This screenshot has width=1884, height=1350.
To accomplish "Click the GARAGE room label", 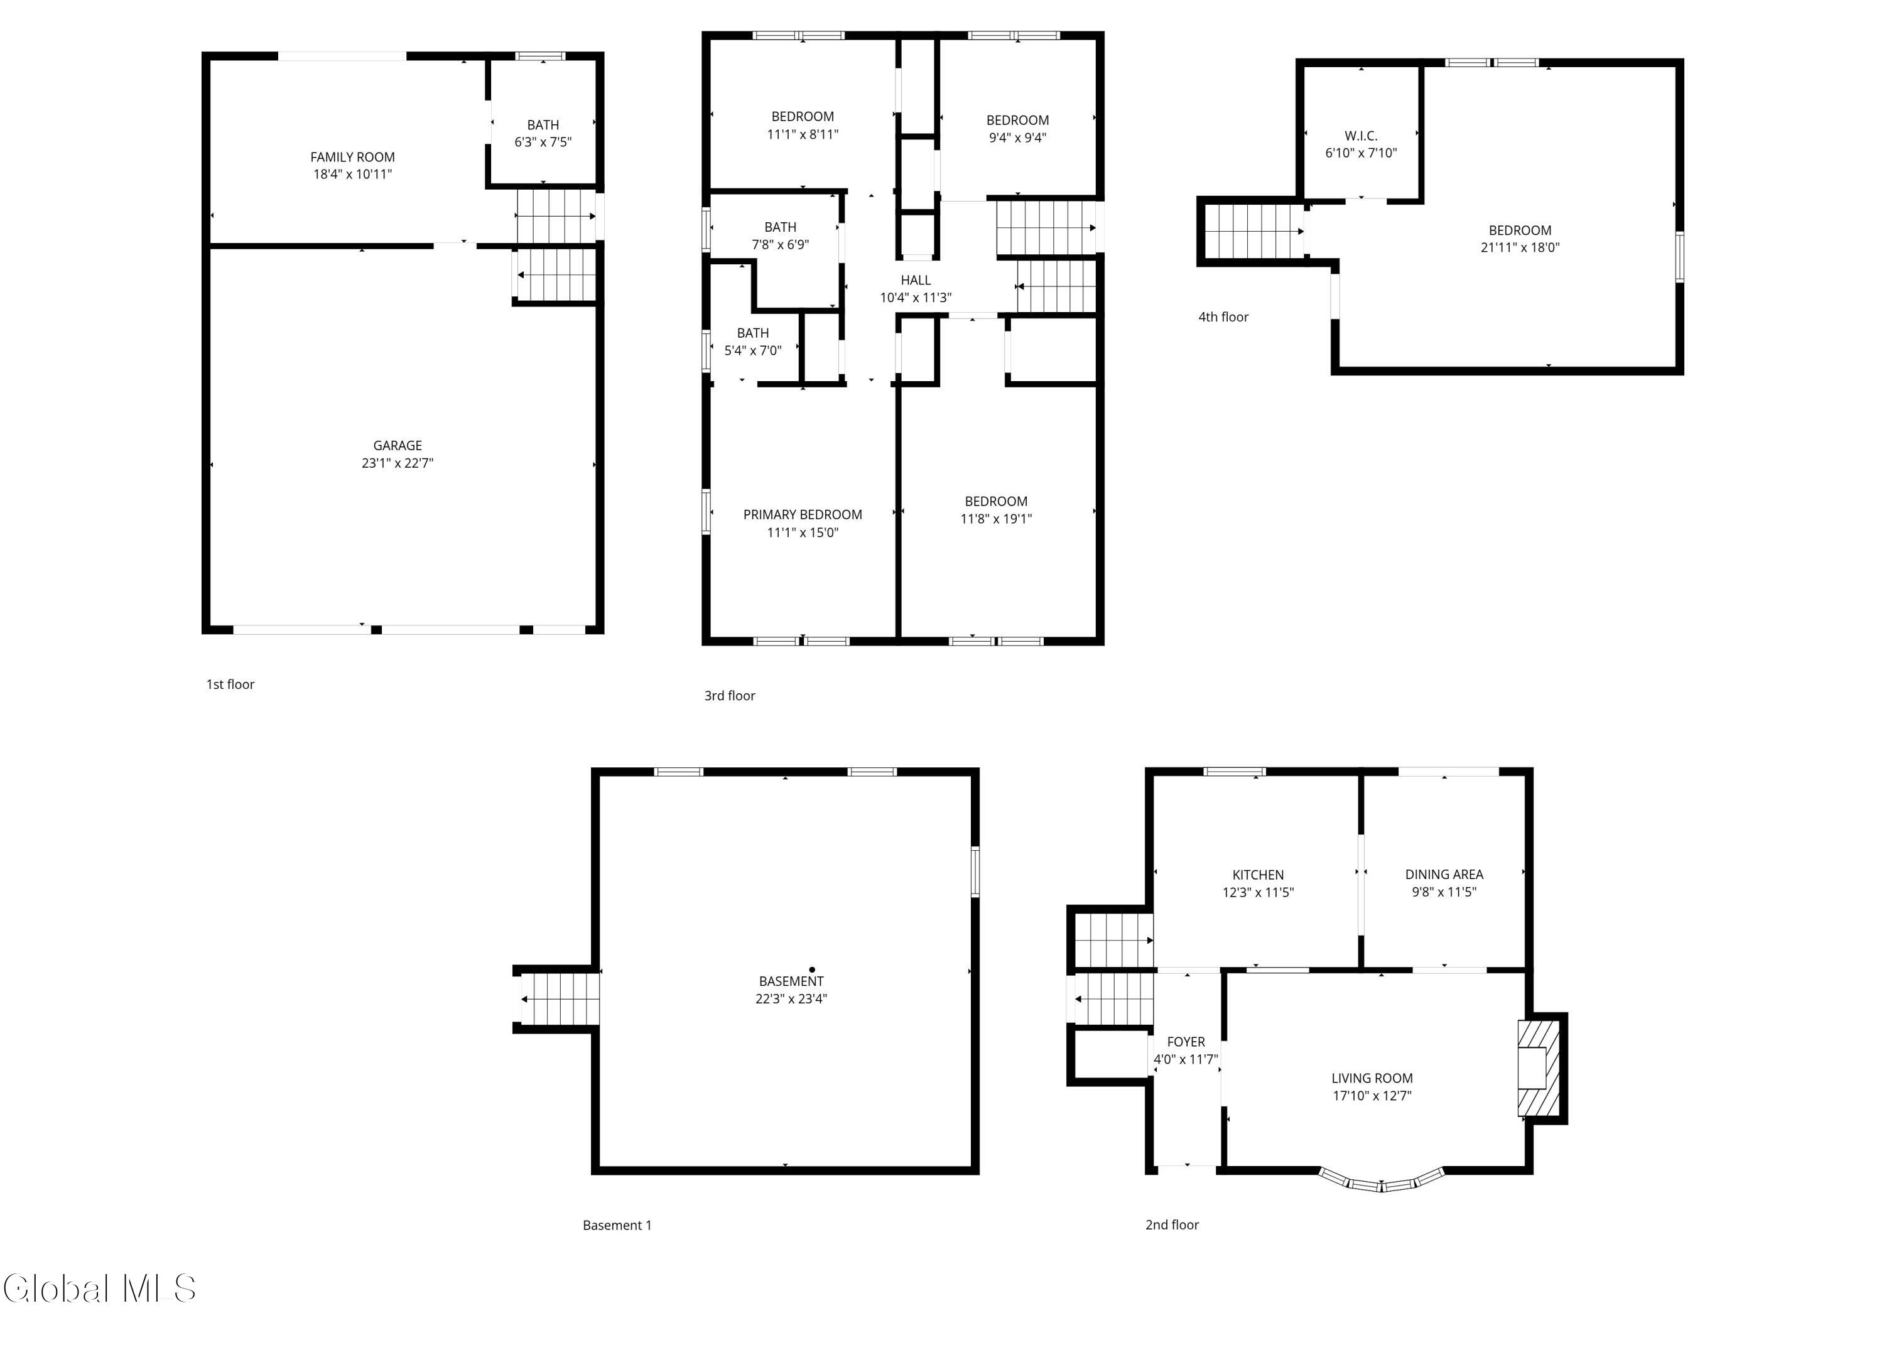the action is tap(397, 445).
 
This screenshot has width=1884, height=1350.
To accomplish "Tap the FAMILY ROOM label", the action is tap(352, 157).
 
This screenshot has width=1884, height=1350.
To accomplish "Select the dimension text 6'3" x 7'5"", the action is tap(543, 142).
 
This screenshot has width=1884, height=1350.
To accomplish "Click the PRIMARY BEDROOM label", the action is tap(803, 514).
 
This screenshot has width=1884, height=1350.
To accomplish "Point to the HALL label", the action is tap(916, 280).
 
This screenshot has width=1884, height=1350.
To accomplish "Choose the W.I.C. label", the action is tap(1361, 136).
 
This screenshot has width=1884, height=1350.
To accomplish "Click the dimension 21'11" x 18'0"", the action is tap(1520, 247).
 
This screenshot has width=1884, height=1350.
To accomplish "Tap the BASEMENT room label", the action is tap(791, 981).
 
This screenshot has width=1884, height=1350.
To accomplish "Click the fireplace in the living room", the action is tap(1539, 1067).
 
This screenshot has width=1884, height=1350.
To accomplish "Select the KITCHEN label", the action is tap(1258, 875).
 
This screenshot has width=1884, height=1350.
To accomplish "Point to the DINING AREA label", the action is tap(1444, 874).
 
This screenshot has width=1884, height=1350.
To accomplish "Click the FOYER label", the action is tap(1186, 1042).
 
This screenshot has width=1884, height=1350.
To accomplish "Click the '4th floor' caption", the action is tap(1223, 316).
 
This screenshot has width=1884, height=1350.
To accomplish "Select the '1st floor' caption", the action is tap(230, 684).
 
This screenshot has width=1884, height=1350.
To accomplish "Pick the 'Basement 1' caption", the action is tap(617, 1224).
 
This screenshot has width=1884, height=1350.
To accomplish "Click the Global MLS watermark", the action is tap(100, 1288).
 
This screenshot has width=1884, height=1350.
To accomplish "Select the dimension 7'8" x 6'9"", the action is tap(780, 244).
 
